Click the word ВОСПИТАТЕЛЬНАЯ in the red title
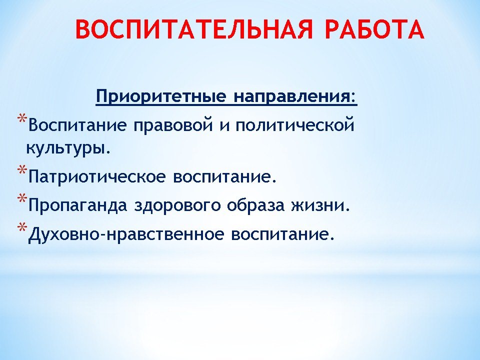tap(194, 29)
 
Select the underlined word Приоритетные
tap(161, 96)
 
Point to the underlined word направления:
tap(295, 96)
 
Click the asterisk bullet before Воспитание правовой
tap(22, 119)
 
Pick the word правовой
tap(173, 125)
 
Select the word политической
tap(295, 125)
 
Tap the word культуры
tap(67, 148)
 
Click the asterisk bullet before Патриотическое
tap(22, 170)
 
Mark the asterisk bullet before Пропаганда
tap(22, 198)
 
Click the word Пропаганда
tap(78, 205)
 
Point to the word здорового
tap(177, 205)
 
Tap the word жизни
tap(320, 205)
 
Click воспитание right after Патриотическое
tap(225, 176)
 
